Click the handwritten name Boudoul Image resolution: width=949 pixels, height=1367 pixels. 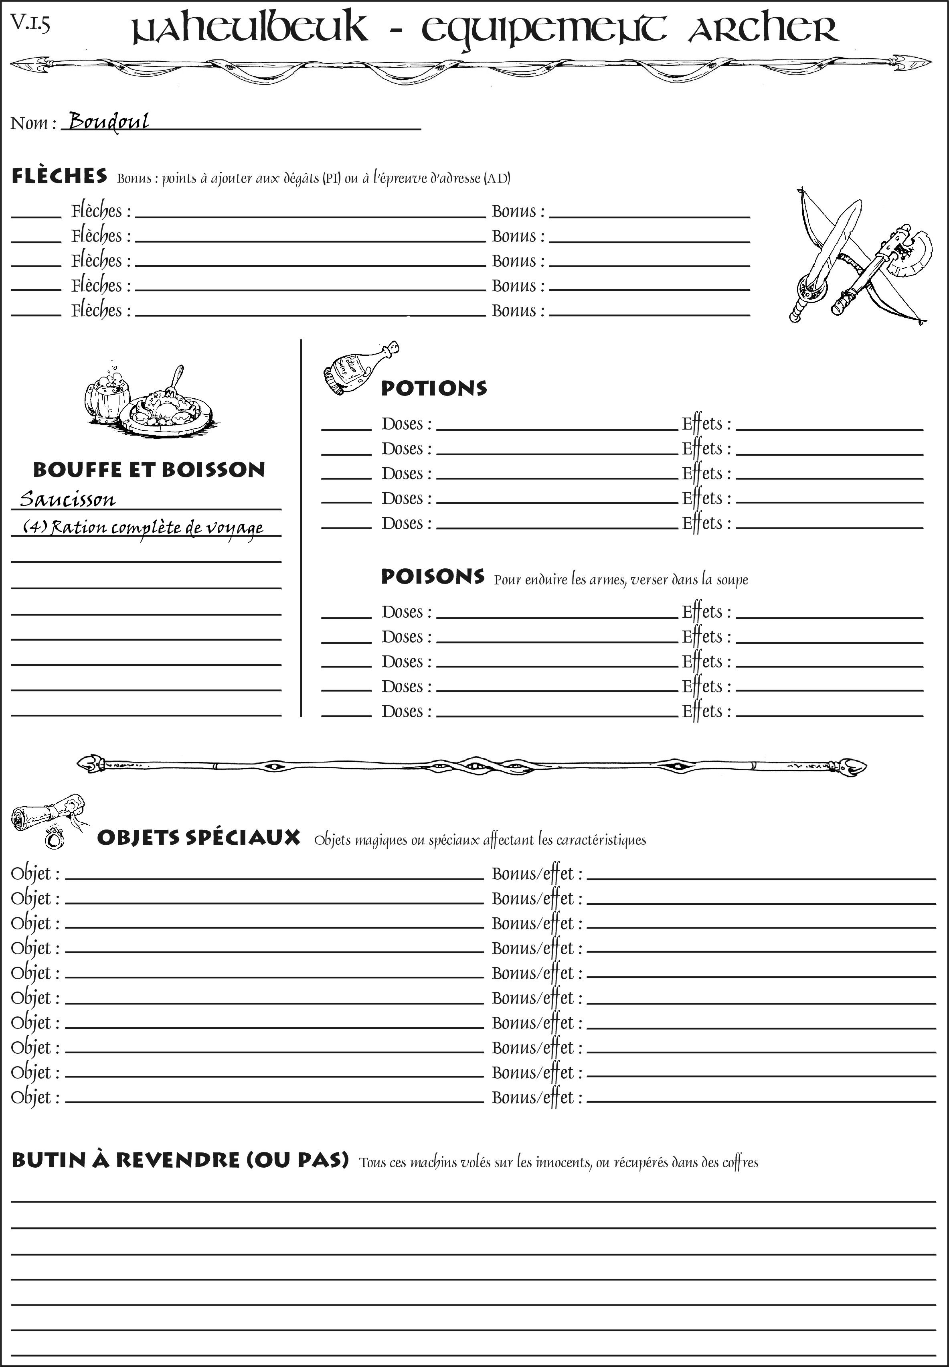[108, 122]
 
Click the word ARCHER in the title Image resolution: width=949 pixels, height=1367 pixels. [763, 30]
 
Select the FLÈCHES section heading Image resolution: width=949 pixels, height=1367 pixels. [59, 176]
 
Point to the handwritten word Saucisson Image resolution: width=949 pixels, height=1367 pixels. [68, 499]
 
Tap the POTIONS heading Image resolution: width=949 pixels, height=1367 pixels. [433, 388]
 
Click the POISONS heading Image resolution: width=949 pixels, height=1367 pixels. [432, 576]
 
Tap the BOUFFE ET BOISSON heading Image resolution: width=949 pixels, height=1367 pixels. [149, 470]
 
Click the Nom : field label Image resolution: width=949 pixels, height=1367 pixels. [33, 123]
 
